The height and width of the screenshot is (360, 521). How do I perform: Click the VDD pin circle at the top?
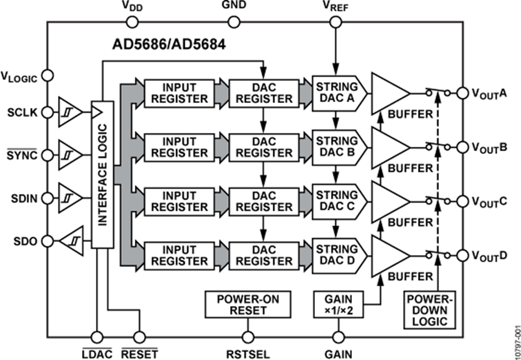132,22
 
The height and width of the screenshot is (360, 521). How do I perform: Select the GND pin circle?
234,22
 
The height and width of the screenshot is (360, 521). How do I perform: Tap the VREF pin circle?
335,22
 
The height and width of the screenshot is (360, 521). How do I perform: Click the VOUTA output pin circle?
463,93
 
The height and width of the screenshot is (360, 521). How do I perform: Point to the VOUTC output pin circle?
463,201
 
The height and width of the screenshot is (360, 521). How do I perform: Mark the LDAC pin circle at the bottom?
96,336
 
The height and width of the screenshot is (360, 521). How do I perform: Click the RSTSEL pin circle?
248,336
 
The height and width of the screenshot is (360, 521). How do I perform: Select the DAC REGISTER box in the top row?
264,93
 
